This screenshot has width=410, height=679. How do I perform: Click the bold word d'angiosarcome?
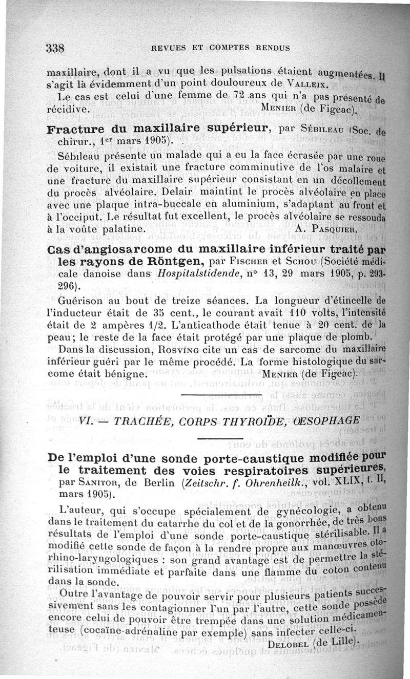(x=110, y=249)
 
